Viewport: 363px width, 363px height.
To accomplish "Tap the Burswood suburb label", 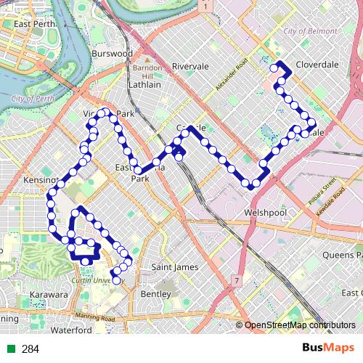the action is (x=113, y=53).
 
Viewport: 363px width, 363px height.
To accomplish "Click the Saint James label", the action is (x=174, y=267).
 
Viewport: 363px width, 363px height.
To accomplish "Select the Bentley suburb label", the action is (x=155, y=294).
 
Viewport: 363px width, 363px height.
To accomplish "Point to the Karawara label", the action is (x=49, y=295).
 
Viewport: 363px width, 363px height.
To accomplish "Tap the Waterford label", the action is (x=73, y=330).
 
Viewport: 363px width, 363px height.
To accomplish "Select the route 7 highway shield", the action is (x=237, y=280).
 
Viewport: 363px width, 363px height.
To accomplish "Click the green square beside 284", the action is (x=12, y=348).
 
